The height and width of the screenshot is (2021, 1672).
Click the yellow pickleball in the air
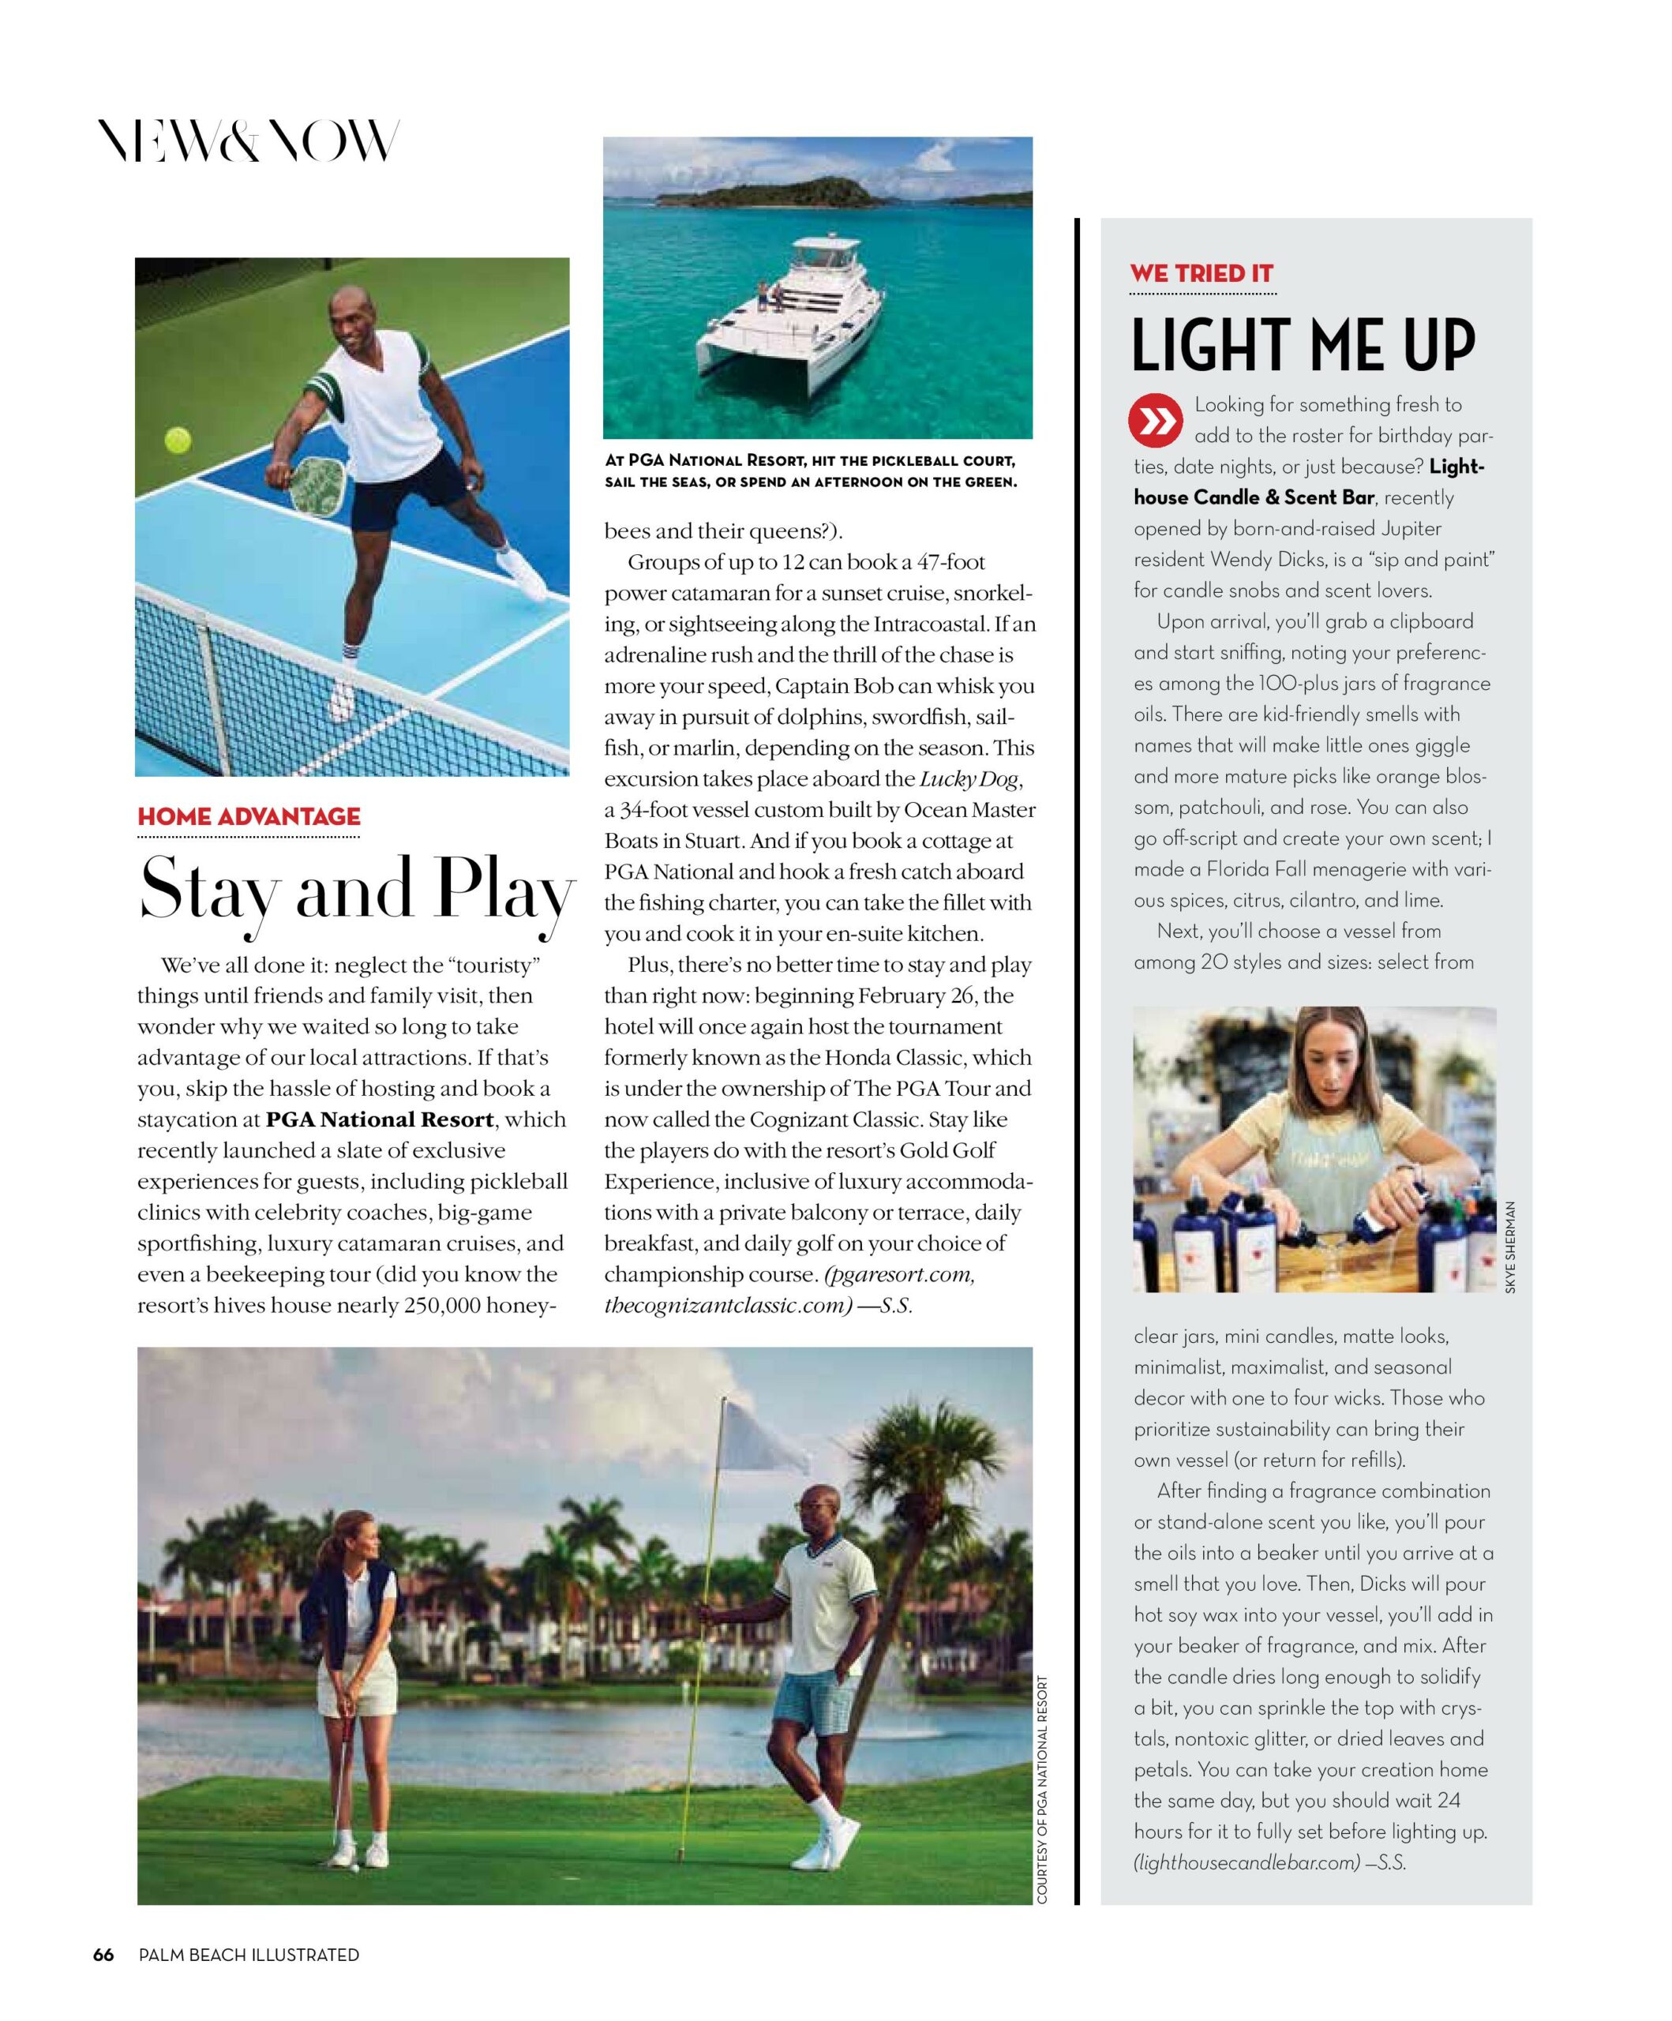pos(177,441)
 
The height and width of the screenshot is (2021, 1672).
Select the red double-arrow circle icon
pos(1155,421)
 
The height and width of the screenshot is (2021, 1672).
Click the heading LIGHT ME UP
pos(1303,346)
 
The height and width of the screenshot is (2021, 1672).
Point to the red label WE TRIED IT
pos(1202,273)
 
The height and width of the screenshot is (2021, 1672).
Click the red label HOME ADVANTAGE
pos(249,816)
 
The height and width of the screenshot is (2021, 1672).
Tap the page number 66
pos(103,1955)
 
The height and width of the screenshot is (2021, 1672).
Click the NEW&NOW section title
pos(249,142)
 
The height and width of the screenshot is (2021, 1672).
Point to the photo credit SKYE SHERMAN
pos(1509,1247)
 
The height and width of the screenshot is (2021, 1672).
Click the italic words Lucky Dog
pos(969,778)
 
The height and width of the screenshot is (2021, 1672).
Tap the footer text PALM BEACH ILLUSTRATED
pos(249,1955)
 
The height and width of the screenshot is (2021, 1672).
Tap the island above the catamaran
pos(794,193)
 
